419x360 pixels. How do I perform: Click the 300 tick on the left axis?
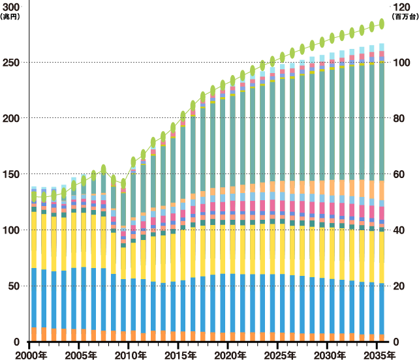pyautogui.click(x=12, y=7)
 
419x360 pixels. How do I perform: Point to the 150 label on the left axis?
pyautogui.click(x=12, y=174)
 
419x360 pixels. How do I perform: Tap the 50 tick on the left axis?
pyautogui.click(x=14, y=286)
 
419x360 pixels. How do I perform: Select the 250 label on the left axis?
pyautogui.click(x=12, y=63)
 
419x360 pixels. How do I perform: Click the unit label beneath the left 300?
pyautogui.click(x=12, y=16)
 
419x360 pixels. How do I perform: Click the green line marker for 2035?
pyautogui.click(x=382, y=24)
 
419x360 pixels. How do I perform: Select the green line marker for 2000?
pyautogui.click(x=34, y=196)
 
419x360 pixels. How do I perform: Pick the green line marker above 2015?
pyautogui.click(x=183, y=115)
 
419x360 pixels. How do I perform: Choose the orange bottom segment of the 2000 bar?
pyautogui.click(x=34, y=334)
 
